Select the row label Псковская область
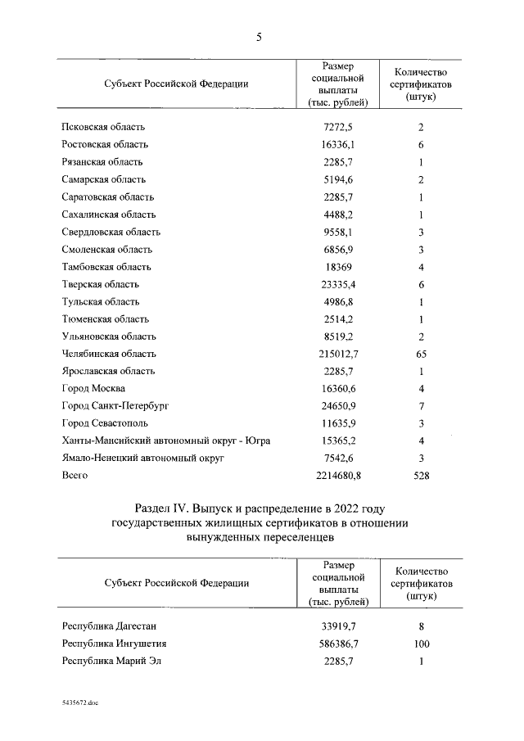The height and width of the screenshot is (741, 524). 102,128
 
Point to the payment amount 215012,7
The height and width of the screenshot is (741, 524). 339,354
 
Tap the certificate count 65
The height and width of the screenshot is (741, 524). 421,354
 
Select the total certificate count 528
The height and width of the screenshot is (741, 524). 421,476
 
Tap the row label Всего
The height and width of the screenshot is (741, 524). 75,476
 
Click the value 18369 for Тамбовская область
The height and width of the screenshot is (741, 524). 339,267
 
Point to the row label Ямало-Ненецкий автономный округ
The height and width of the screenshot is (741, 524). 143,459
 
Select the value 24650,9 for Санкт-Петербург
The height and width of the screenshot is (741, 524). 339,406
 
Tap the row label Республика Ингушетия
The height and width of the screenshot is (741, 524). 114,644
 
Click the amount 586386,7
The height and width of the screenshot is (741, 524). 339,644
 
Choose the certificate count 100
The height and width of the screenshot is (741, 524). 421,644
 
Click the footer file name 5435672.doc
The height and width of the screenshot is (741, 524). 79,703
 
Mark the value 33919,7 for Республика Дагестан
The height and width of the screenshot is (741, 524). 339,626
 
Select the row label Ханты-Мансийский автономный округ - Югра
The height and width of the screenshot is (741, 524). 166,441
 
